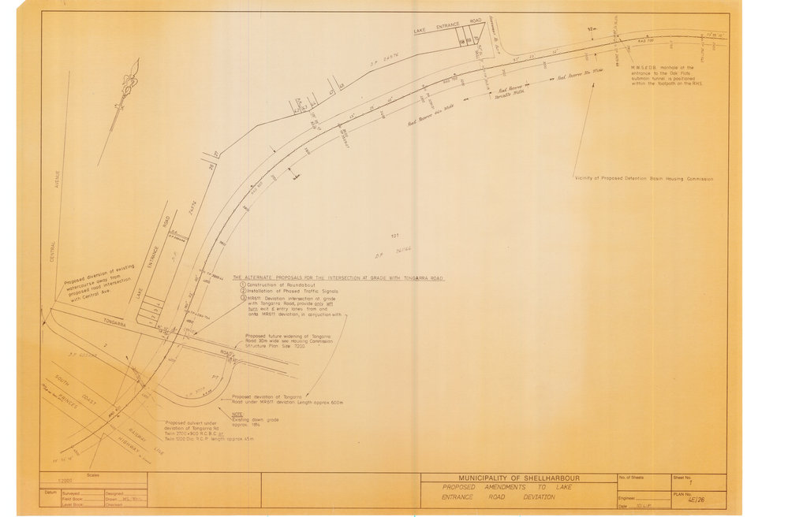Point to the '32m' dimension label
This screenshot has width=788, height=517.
[x=594, y=29]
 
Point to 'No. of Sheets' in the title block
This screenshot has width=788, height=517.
[x=636, y=478]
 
